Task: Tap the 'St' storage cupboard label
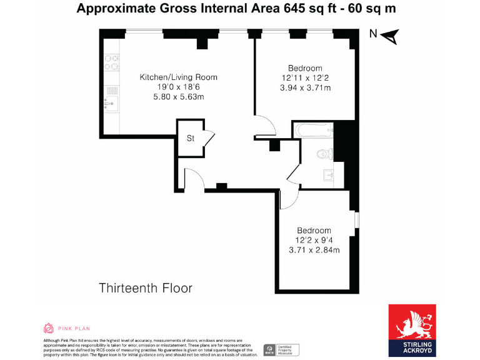pyautogui.click(x=190, y=139)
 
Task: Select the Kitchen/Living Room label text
pyautogui.click(x=178, y=77)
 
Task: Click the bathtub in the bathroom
pyautogui.click(x=313, y=131)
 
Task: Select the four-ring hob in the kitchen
pyautogui.click(x=112, y=63)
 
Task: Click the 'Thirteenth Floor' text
pyautogui.click(x=146, y=288)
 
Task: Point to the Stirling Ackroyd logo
pyautogui.click(x=412, y=330)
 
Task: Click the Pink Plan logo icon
pyautogui.click(x=48, y=328)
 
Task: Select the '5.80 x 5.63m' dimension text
pyautogui.click(x=178, y=97)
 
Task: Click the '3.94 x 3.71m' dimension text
pyautogui.click(x=305, y=88)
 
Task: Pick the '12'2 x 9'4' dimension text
pyautogui.click(x=314, y=240)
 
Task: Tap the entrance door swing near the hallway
pyautogui.click(x=193, y=178)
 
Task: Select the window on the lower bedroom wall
pyautogui.click(x=357, y=221)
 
